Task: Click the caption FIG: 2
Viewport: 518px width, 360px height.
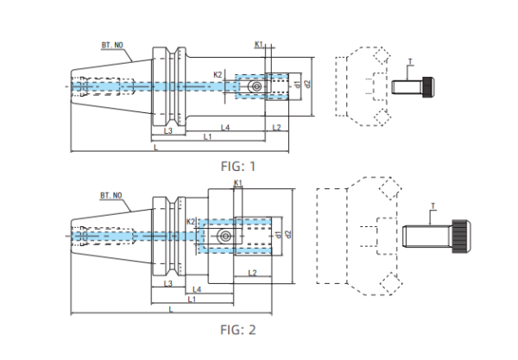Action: click(239, 329)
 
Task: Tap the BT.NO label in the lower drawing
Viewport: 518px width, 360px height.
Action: click(111, 196)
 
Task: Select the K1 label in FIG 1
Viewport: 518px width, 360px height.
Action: click(259, 44)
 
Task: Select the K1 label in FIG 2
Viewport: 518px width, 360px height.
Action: click(237, 184)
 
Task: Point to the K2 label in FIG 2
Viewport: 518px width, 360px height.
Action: click(192, 223)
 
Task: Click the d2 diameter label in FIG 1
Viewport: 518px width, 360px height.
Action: click(307, 84)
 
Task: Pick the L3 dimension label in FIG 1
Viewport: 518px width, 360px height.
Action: click(169, 130)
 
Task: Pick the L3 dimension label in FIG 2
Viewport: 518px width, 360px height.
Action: click(168, 283)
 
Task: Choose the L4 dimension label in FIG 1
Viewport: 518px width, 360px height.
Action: click(224, 127)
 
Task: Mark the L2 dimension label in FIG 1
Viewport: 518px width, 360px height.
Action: click(275, 127)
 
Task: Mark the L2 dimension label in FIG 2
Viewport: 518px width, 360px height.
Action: click(252, 273)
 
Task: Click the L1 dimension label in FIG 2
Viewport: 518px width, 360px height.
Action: click(192, 298)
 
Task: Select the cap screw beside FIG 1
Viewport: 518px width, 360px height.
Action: click(412, 87)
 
